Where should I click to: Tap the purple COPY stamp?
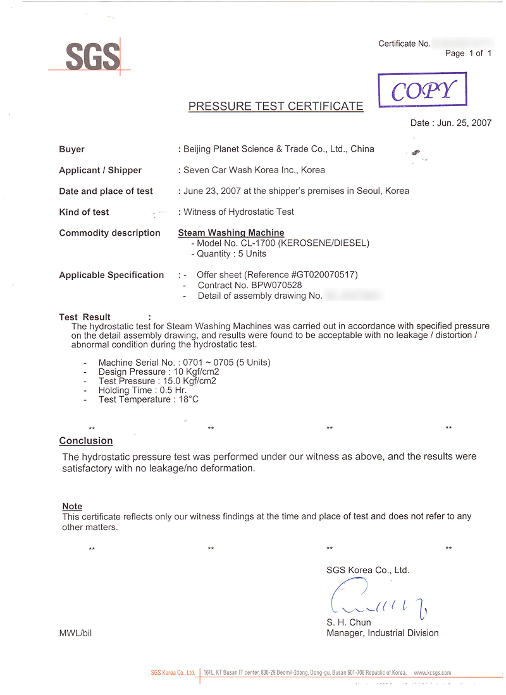(423, 90)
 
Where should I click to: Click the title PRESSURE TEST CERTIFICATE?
(276, 106)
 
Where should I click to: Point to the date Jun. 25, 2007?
(464, 123)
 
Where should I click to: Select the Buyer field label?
(71, 150)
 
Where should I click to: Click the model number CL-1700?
(258, 243)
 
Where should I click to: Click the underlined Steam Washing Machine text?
(231, 233)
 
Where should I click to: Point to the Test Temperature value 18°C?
(187, 399)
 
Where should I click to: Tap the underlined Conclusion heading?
(86, 441)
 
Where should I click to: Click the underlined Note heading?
(72, 507)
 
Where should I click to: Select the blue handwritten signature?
(378, 601)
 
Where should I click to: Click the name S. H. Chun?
(349, 622)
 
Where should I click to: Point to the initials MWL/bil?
(75, 633)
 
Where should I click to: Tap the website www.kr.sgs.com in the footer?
(433, 673)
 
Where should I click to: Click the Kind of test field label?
(83, 212)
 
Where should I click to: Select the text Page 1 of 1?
(468, 54)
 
